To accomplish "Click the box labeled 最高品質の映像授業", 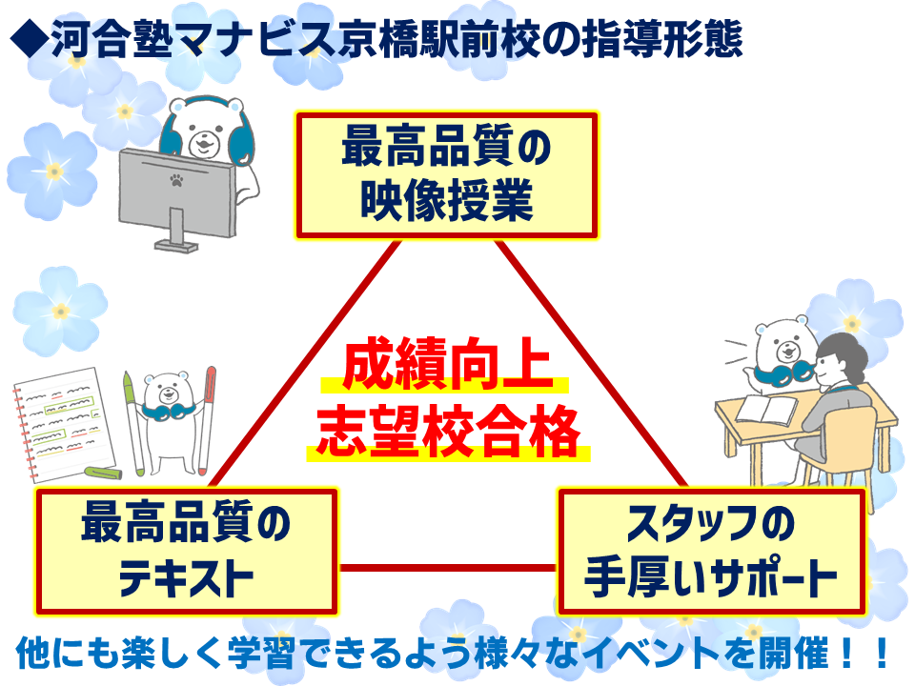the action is (447, 175).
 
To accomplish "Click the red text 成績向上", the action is (447, 364).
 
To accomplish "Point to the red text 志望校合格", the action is (448, 432).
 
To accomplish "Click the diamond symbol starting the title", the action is (30, 40).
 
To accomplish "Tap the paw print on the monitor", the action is (176, 180).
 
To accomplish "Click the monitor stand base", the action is (176, 246).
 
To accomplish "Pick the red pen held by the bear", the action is (206, 421).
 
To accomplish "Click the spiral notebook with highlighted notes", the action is (63, 424).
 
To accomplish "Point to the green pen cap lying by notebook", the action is (103, 472).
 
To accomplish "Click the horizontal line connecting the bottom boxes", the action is (448, 568).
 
